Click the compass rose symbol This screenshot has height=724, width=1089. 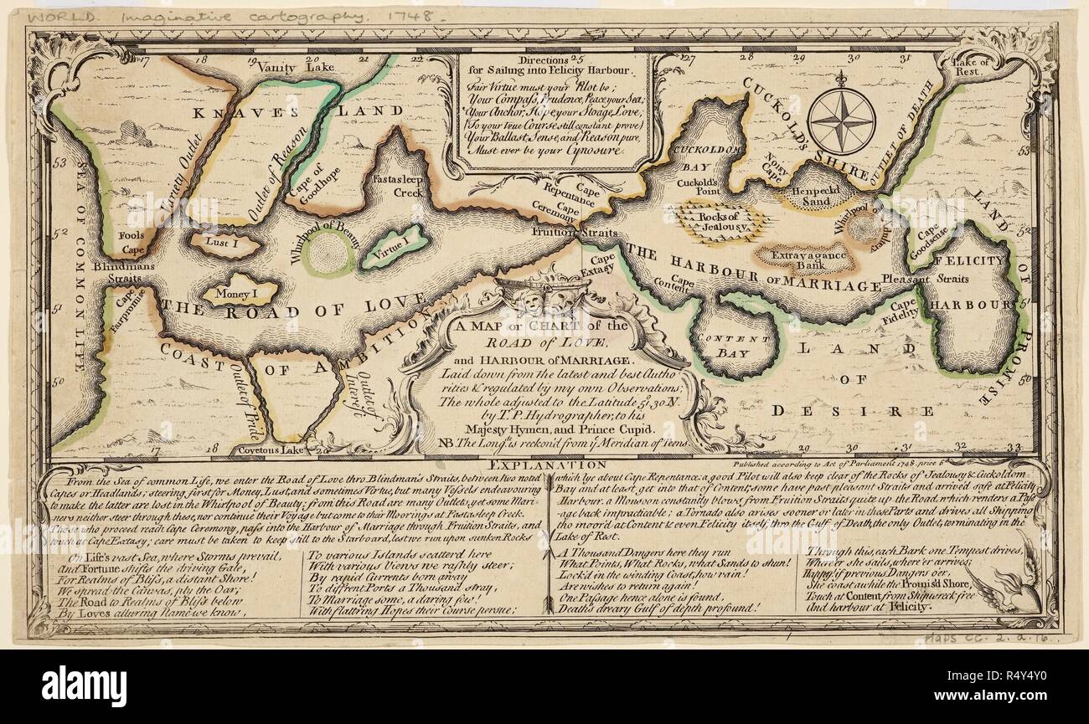pos(843,121)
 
